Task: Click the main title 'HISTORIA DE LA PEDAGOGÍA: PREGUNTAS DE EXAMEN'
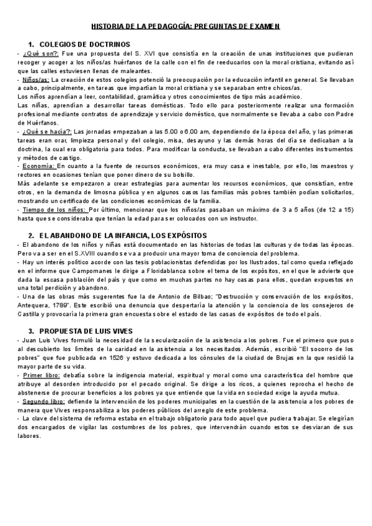[186, 27]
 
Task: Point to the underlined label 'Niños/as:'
[35, 80]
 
